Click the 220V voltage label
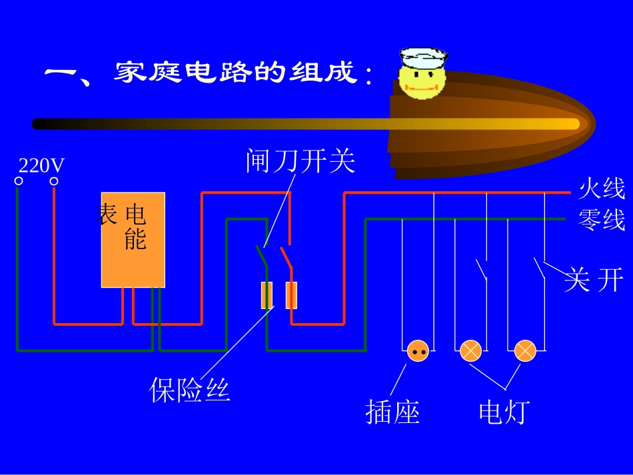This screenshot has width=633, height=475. coord(41,165)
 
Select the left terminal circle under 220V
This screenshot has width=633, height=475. coord(19,181)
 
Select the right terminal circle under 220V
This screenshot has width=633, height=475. coord(54,181)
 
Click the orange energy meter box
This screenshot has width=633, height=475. coord(133,240)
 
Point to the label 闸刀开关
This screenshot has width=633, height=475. coord(300,161)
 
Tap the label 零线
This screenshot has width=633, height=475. coord(602,219)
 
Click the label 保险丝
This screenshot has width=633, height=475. coord(190,390)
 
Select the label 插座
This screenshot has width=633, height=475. coord(392,412)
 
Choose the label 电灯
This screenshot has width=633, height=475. coord(504,412)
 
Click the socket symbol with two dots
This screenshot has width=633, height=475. coord(418,350)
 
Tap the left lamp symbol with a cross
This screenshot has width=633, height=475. coord(471,350)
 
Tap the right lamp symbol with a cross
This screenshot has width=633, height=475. coord(525,350)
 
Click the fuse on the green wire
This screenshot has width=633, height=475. coord(267,295)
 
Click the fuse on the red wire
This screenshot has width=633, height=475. coord(291,295)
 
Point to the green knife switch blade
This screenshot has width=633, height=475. coord(262,256)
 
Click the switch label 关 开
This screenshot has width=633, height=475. coord(594,280)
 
